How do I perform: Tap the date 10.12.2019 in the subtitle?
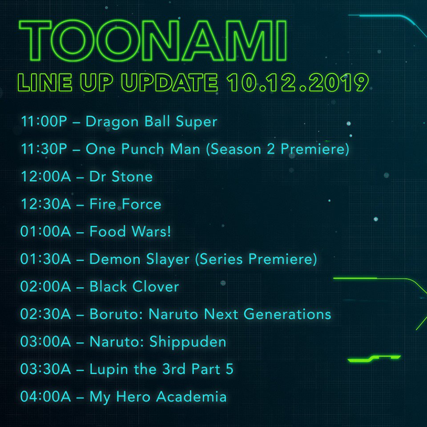click(297, 83)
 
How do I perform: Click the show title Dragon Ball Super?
click(151, 121)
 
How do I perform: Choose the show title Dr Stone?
click(121, 177)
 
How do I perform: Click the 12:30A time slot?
click(45, 204)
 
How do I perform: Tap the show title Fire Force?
click(125, 204)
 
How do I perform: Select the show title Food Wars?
click(130, 232)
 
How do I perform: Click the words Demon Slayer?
click(140, 259)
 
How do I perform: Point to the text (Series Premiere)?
click(256, 259)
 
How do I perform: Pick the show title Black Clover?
click(134, 287)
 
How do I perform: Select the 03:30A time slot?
click(45, 369)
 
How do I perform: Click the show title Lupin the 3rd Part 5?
click(161, 369)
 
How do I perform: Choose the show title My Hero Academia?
click(158, 397)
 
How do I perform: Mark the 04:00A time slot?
click(45, 397)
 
